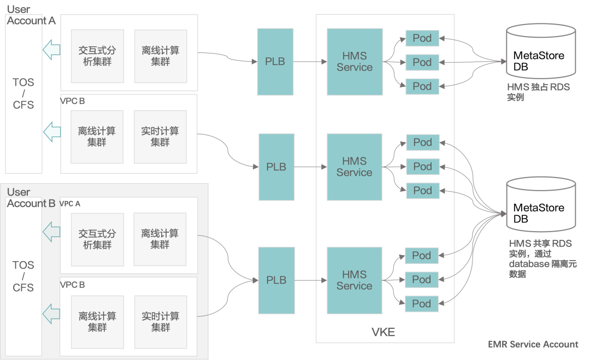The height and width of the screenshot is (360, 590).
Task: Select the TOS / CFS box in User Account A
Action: [23, 93]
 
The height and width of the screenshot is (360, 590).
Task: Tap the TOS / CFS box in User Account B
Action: [23, 276]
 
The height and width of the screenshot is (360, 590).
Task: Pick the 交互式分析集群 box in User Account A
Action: [97, 56]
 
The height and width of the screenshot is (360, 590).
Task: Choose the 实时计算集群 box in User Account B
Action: [161, 322]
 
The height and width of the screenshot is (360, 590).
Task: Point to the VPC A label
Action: [70, 204]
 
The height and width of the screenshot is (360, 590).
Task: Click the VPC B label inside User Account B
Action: [72, 285]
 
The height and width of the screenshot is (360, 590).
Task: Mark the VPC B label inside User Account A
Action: [72, 101]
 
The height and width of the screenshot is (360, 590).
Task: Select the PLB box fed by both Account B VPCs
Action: [276, 280]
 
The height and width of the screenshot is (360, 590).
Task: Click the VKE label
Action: [383, 332]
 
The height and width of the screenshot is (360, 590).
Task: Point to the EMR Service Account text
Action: [533, 344]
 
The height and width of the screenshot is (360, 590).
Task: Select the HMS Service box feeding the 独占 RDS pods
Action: [355, 62]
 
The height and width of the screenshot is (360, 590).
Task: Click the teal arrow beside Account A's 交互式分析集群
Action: [51, 50]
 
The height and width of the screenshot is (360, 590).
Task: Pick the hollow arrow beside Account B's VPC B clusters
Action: [51, 314]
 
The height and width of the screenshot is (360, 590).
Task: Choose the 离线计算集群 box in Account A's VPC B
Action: [97, 137]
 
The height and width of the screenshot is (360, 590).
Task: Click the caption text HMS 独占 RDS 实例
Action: [538, 92]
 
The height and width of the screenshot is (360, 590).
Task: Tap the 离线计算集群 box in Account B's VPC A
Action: [160, 239]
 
